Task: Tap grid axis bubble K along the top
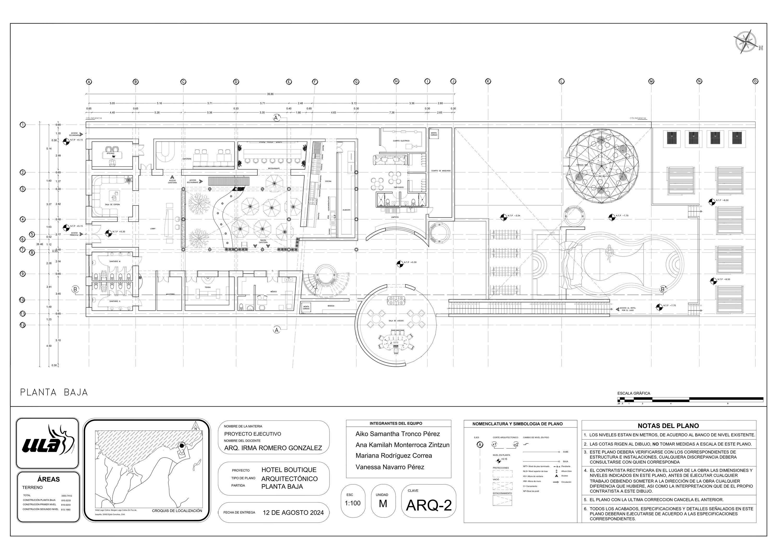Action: [x=488, y=81]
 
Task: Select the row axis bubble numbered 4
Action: [x=23, y=219]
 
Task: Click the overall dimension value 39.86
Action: [x=270, y=94]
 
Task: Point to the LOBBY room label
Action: [x=153, y=229]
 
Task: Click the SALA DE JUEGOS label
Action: [x=396, y=320]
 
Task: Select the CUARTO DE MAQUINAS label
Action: [x=441, y=171]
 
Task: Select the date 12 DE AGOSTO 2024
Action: [x=293, y=513]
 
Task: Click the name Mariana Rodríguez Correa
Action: [x=393, y=456]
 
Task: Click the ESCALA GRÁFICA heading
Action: [x=634, y=393]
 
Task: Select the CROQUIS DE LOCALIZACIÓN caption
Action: [x=177, y=511]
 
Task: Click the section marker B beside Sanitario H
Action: [x=75, y=289]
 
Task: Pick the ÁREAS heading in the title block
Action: [x=49, y=479]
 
